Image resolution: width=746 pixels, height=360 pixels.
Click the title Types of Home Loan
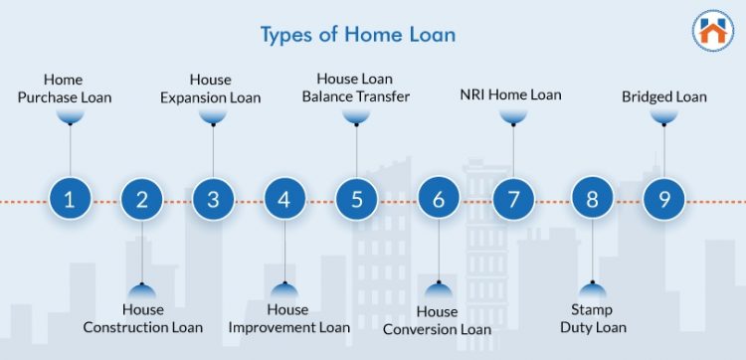tap(358, 35)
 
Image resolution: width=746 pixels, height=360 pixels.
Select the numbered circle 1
tap(70, 199)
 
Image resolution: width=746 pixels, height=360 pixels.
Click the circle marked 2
tap(141, 199)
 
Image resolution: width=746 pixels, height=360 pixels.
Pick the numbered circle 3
tap(213, 199)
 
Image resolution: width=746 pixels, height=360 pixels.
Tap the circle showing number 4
tap(284, 199)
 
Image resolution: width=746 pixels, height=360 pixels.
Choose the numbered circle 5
tap(356, 199)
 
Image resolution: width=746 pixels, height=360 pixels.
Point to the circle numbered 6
tap(438, 199)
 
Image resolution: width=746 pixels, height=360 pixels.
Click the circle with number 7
tap(513, 199)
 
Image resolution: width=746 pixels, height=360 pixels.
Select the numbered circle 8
tap(592, 199)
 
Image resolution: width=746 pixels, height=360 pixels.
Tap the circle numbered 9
tap(663, 199)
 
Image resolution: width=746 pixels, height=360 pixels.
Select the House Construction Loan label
tap(142, 318)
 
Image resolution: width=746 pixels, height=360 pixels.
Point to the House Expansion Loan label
tap(211, 89)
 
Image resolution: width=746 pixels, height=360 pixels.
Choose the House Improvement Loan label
tap(288, 318)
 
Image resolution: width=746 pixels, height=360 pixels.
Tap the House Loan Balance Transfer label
tap(355, 87)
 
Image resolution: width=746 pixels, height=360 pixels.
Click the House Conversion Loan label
tap(438, 320)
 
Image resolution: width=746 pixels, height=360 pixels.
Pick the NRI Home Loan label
tap(510, 95)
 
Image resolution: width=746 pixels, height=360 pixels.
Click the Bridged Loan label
tap(664, 96)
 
